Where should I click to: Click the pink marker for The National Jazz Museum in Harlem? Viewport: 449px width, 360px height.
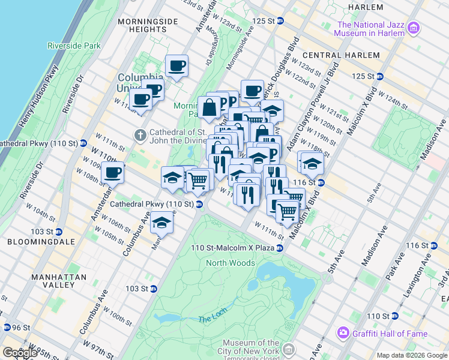(x=413, y=29)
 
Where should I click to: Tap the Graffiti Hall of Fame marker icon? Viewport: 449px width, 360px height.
(x=343, y=333)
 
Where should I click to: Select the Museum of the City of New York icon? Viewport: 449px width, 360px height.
(x=289, y=349)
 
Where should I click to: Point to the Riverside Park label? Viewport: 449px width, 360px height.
(x=74, y=46)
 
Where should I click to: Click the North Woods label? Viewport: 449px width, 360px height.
(x=231, y=263)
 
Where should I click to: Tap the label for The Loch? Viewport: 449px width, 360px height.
(x=212, y=319)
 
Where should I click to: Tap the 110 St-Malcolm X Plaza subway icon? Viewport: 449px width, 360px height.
(x=280, y=248)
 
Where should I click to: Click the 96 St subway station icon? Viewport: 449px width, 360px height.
(x=7, y=328)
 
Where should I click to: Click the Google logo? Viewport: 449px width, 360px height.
(x=20, y=353)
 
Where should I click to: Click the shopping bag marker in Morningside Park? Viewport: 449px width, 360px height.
(x=211, y=109)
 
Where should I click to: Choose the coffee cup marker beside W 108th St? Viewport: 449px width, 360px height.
(x=112, y=173)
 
